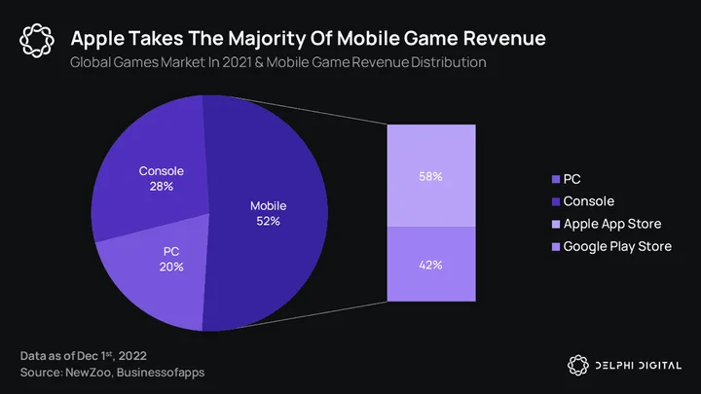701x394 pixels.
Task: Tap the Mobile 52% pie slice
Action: tap(269, 213)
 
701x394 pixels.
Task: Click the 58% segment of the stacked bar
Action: tap(431, 175)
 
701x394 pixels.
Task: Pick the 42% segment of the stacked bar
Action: tap(431, 264)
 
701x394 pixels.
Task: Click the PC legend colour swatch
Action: tap(556, 180)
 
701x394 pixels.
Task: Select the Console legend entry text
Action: tap(588, 201)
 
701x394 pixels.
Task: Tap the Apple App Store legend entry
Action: tap(607, 224)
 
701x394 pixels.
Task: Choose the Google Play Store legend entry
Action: tap(612, 246)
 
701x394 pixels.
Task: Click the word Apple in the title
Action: tap(97, 39)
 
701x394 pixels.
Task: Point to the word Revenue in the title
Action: tap(504, 38)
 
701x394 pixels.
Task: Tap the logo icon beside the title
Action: tap(37, 41)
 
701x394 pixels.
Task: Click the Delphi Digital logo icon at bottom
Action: tap(578, 366)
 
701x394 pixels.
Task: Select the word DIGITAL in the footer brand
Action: tap(660, 366)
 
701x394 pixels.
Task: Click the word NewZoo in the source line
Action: tap(88, 373)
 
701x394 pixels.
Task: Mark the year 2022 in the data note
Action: tap(132, 356)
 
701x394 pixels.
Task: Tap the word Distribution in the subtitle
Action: tap(449, 62)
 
